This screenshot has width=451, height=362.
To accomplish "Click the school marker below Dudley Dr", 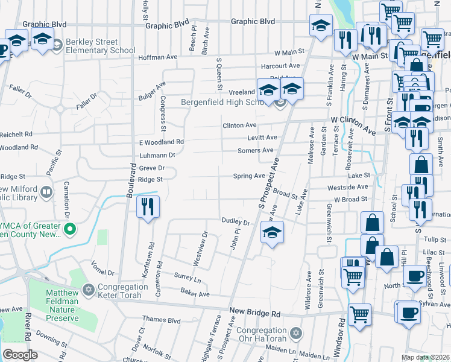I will [272, 232].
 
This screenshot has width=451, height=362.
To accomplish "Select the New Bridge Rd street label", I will [255, 314].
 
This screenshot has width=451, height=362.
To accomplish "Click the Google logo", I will [20, 355].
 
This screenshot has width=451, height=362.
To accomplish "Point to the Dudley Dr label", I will [235, 221].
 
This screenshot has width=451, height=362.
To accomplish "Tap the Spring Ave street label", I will [250, 176].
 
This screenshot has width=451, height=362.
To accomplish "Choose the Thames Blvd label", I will [161, 320].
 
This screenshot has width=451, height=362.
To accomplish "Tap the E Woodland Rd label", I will [161, 142].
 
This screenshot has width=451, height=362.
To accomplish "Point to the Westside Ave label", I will [347, 188].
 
